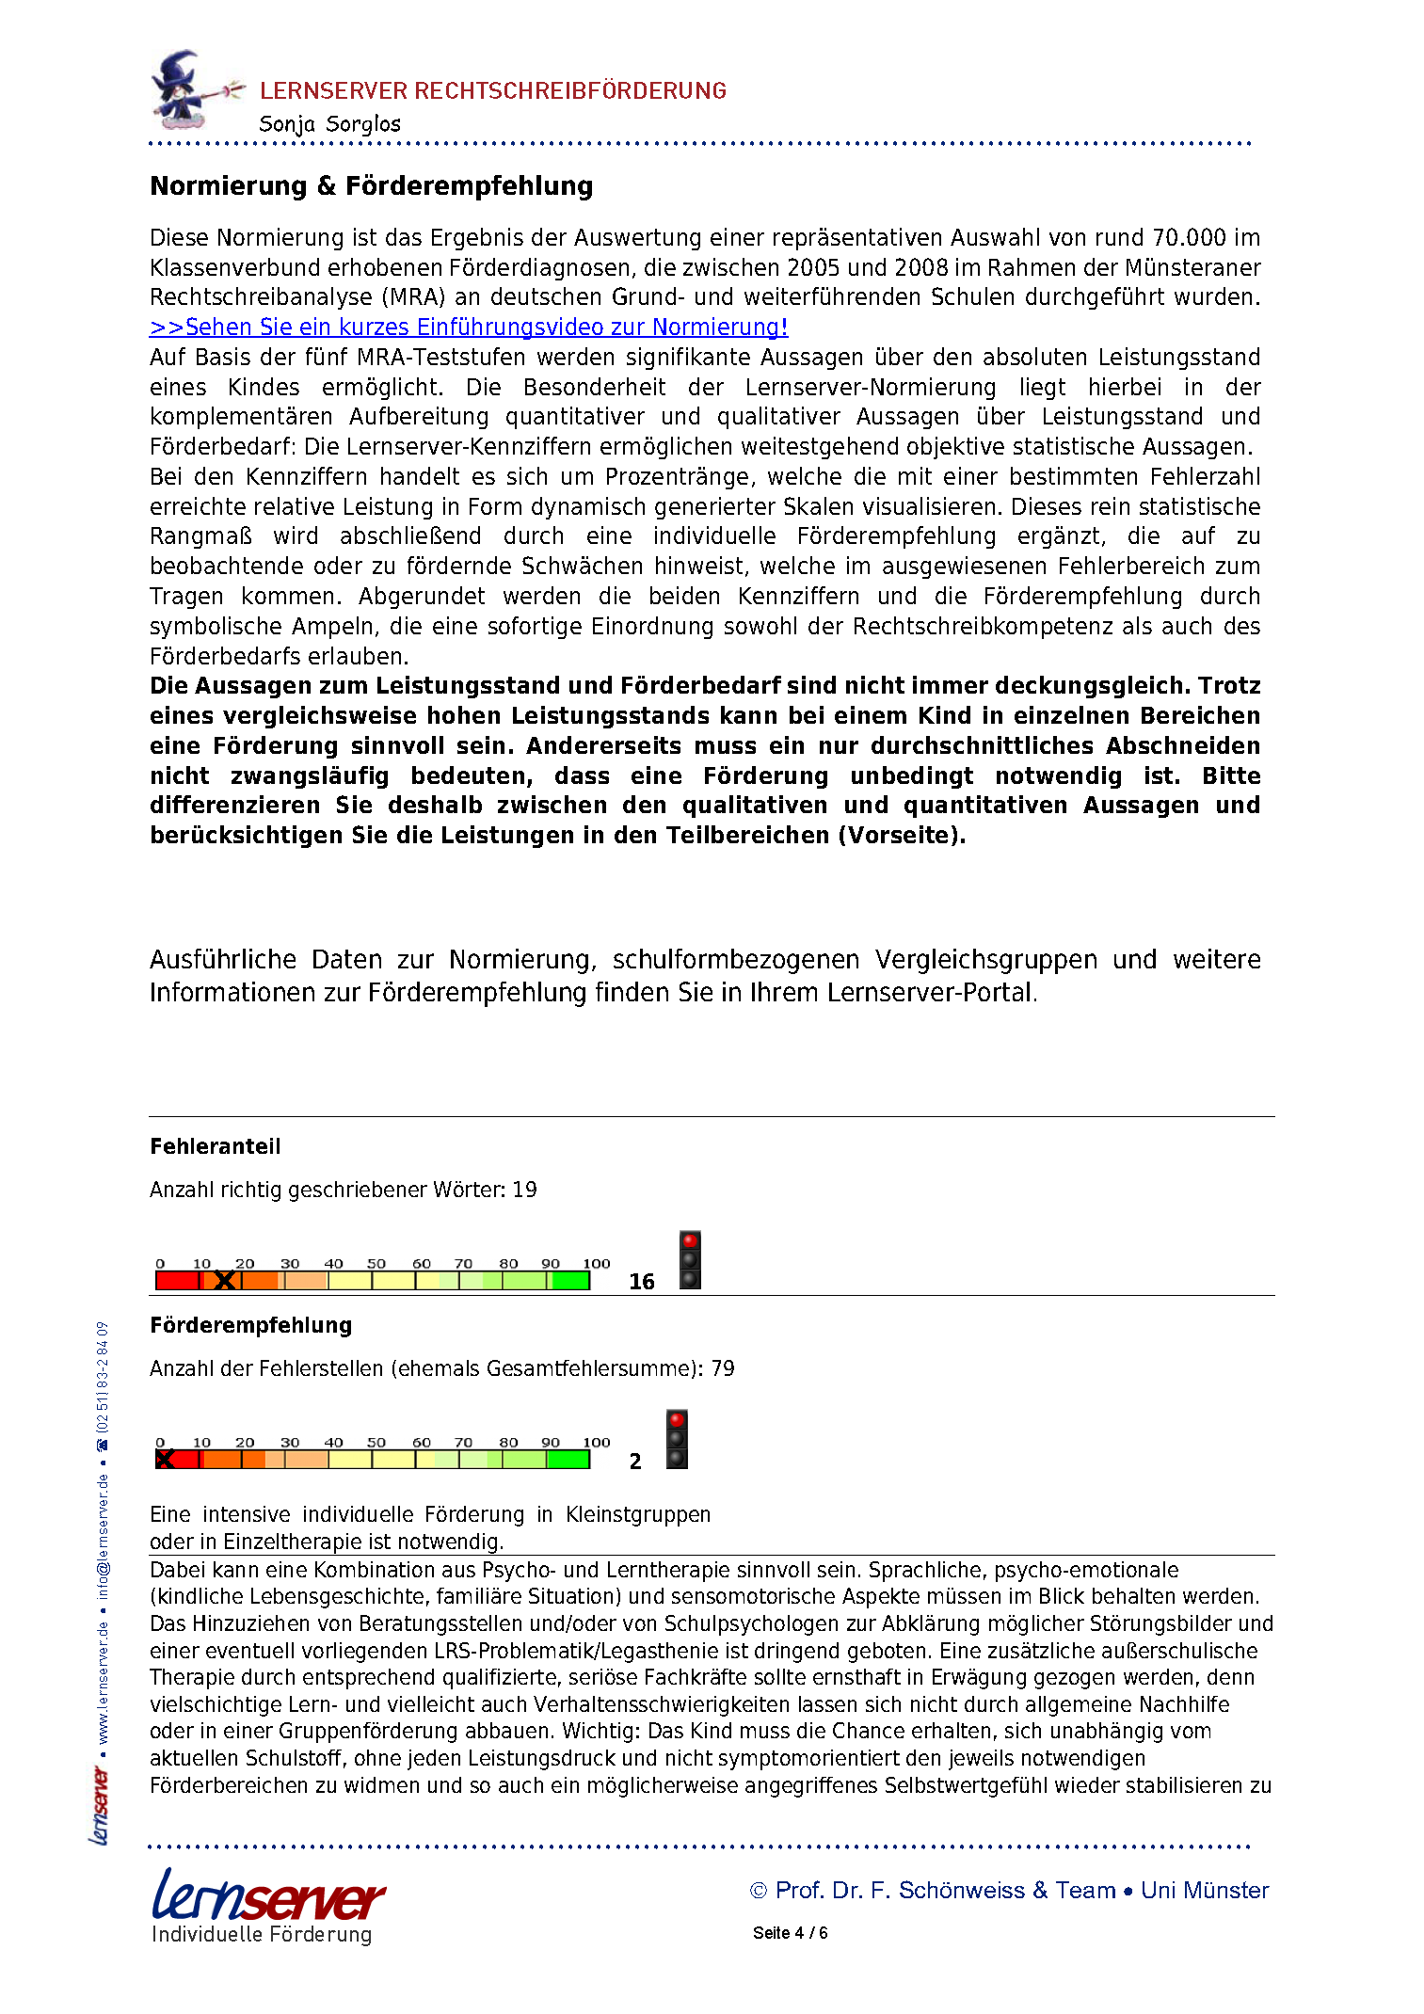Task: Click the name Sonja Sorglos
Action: [329, 124]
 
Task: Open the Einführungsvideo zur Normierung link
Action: [469, 328]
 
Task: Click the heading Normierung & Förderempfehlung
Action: [372, 186]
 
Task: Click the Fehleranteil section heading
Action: [216, 1146]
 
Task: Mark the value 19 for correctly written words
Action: [524, 1191]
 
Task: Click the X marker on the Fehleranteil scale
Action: [224, 1281]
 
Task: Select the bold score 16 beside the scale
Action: [642, 1282]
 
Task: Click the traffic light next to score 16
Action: [690, 1260]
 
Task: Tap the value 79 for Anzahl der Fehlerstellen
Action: [723, 1369]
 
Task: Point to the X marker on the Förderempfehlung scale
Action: [165, 1460]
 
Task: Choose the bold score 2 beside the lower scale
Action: [635, 1462]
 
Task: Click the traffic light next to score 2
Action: [677, 1439]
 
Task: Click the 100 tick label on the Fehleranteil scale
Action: [597, 1264]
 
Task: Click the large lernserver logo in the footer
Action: [268, 1896]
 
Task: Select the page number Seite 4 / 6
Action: [790, 1933]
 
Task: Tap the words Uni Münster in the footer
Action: [1205, 1891]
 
